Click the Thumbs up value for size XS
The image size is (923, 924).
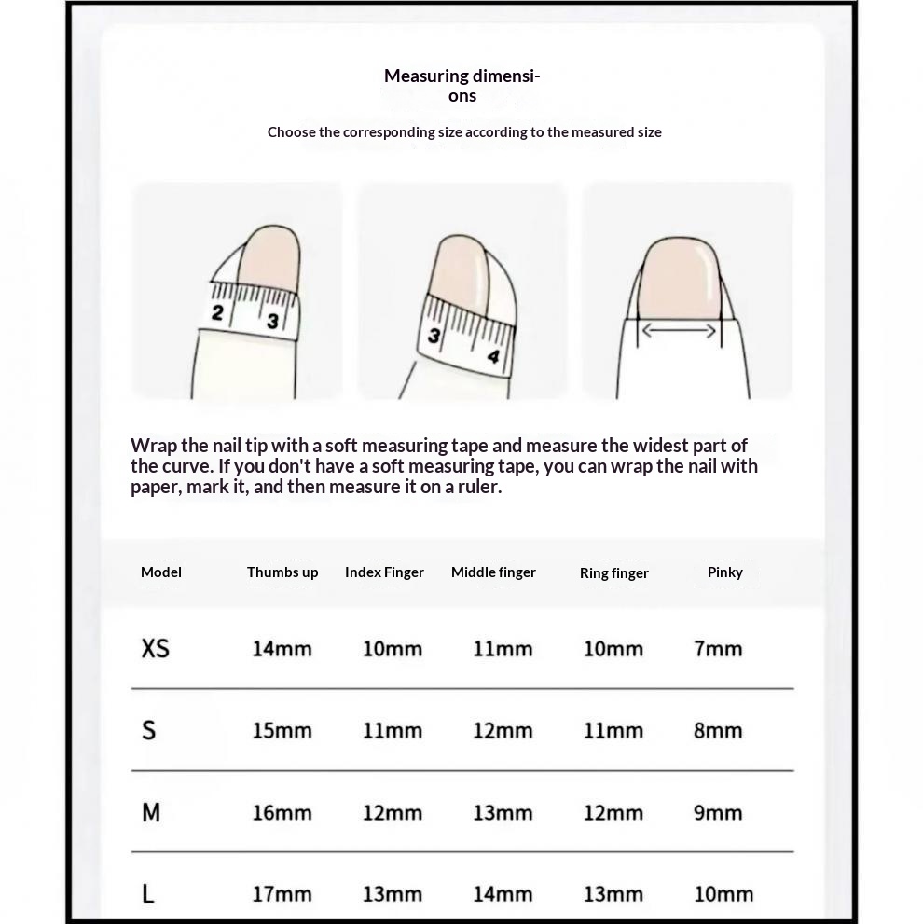[x=282, y=649]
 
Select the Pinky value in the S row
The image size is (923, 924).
[x=718, y=730]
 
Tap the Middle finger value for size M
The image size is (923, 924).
[x=503, y=813]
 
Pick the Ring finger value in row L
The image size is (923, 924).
[x=613, y=894]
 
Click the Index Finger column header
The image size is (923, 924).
[x=384, y=572]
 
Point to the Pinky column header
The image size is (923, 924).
[x=724, y=572]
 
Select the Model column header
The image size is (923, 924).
[x=161, y=572]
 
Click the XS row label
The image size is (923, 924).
[x=155, y=648]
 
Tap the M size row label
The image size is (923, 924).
[x=151, y=813]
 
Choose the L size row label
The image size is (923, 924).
[x=148, y=894]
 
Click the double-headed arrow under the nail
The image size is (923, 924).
[x=679, y=330]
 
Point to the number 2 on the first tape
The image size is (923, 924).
[x=217, y=313]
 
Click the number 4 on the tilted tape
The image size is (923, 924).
[x=492, y=356]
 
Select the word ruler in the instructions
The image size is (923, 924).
[x=476, y=487]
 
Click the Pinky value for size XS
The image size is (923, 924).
[x=718, y=649]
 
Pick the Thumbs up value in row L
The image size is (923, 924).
[x=282, y=894]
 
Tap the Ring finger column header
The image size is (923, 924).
[x=613, y=573]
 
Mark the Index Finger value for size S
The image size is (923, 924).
[x=392, y=730]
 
